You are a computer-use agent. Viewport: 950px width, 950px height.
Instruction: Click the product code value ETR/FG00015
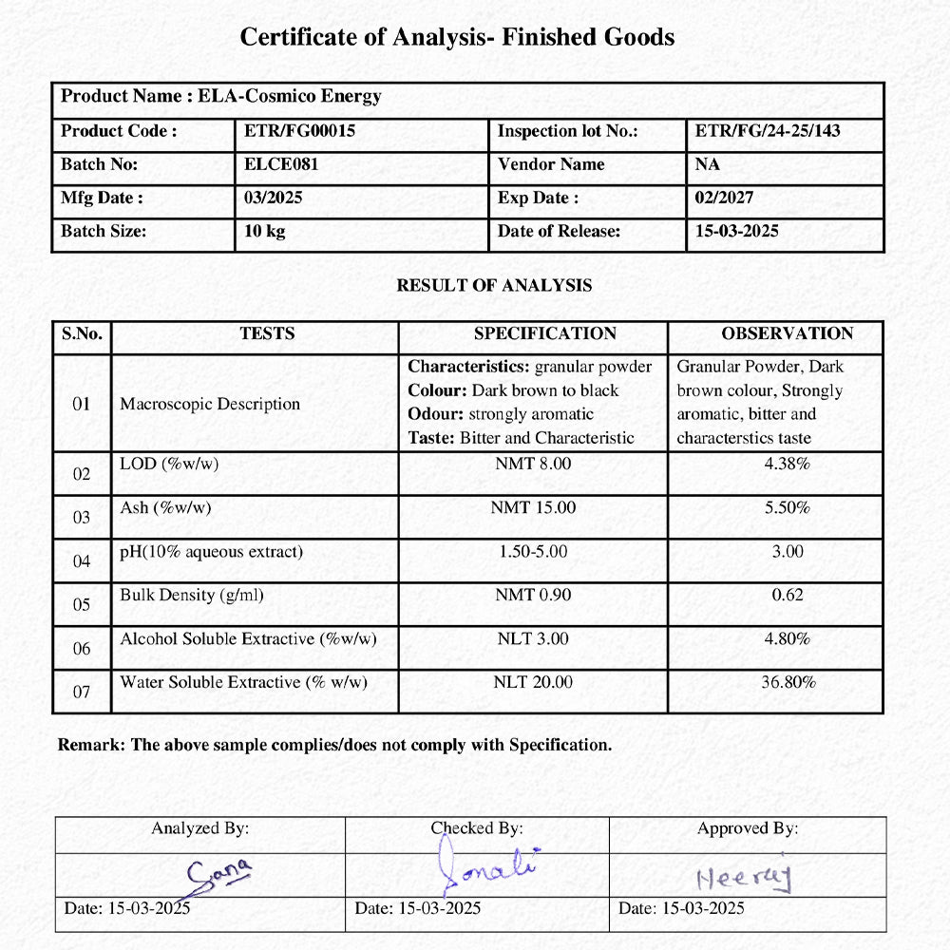point(299,131)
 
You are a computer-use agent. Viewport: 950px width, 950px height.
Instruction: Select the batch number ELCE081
point(281,164)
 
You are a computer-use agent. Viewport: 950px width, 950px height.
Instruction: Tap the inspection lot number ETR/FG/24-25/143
point(768,131)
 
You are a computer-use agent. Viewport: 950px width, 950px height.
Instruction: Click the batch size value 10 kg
point(265,232)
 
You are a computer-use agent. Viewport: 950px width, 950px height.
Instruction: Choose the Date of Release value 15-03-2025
point(736,232)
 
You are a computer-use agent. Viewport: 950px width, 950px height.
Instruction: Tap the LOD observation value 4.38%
point(787,464)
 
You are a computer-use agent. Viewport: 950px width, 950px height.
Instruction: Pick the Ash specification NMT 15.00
point(533,507)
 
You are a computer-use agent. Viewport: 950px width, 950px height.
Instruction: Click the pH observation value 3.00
point(787,551)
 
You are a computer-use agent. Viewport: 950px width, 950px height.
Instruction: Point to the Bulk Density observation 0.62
point(787,595)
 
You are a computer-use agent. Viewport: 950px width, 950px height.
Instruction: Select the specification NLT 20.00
point(533,682)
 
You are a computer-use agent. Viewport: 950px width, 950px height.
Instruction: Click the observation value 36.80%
point(787,682)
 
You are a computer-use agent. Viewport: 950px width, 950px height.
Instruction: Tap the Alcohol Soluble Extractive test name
point(248,639)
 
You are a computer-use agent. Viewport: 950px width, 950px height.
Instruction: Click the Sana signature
point(217,874)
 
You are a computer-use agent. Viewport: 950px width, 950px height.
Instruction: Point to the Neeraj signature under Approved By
point(742,878)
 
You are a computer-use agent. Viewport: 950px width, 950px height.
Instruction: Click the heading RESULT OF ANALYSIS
point(494,285)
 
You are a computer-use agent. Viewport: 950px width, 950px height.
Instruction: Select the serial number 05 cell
point(82,605)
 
